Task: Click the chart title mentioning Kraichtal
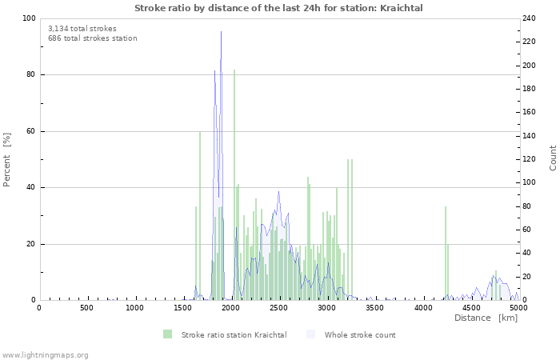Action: click(278, 8)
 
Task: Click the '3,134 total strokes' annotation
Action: click(82, 28)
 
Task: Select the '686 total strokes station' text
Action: click(92, 38)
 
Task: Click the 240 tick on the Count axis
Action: click(530, 18)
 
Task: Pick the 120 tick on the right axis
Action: click(530, 159)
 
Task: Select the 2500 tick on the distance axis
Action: click(278, 308)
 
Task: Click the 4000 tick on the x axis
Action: click(422, 308)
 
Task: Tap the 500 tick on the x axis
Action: click(86, 308)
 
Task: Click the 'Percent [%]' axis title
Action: click(7, 159)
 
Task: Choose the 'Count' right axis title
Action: click(553, 158)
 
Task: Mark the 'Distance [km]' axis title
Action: click(486, 318)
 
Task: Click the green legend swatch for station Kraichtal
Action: click(167, 334)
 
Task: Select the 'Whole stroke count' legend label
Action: click(360, 334)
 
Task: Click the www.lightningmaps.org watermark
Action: click(45, 355)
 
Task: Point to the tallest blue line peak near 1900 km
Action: click(222, 32)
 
